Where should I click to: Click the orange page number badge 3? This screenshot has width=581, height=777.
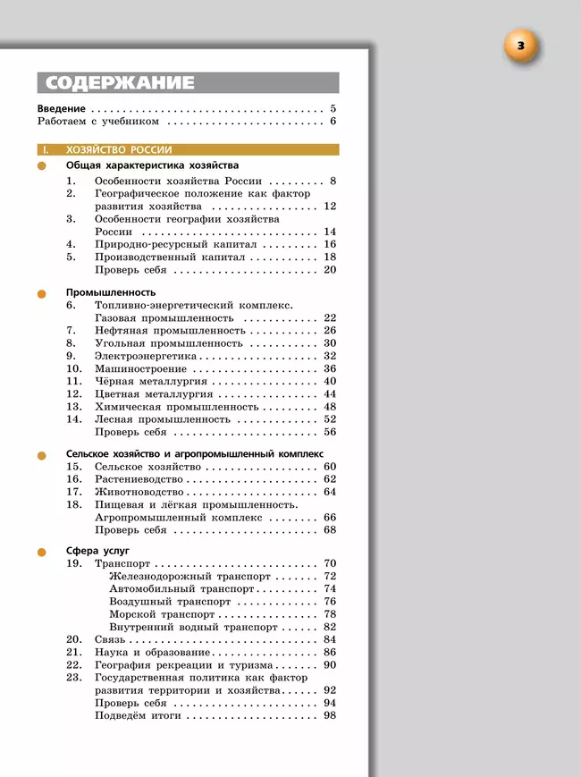[x=522, y=46]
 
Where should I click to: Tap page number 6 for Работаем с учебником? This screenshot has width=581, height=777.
[x=332, y=121]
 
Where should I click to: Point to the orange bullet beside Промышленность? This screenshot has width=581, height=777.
[x=41, y=292]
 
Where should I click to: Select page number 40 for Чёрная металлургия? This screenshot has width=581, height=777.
[x=330, y=381]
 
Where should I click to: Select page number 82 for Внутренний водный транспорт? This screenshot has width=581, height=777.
[x=330, y=627]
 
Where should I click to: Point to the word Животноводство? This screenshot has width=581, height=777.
[x=139, y=492]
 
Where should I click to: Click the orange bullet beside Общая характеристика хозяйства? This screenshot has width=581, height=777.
[x=41, y=166]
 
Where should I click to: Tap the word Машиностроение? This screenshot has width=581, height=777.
[x=140, y=368]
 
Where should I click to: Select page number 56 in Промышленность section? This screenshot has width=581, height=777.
[x=330, y=432]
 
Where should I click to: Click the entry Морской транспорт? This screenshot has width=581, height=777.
[x=162, y=614]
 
